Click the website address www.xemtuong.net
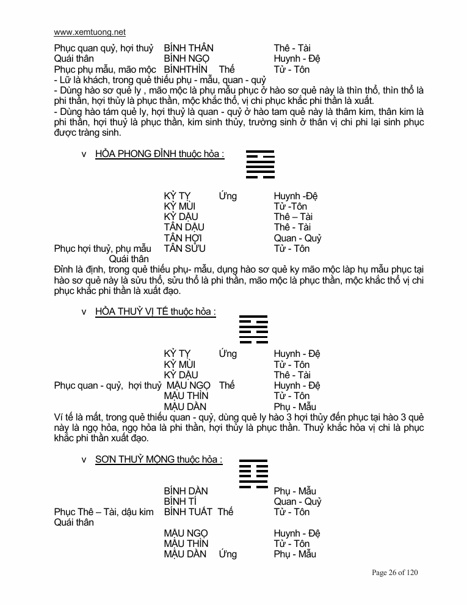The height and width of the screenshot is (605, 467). pyautogui.click(x=90, y=32)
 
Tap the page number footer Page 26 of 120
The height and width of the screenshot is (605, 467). pyautogui.click(x=395, y=573)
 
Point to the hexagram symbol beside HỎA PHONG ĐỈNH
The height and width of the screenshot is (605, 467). pyautogui.click(x=260, y=164)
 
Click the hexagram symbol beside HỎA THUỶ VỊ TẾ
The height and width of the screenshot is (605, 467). pyautogui.click(x=253, y=331)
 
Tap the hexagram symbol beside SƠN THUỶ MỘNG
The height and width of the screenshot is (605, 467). pyautogui.click(x=253, y=473)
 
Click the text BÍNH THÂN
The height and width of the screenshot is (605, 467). pyautogui.click(x=189, y=48)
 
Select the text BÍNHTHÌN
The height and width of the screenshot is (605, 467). pyautogui.click(x=186, y=70)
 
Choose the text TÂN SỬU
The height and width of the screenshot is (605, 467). pyautogui.click(x=184, y=248)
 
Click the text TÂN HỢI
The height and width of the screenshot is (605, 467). pyautogui.click(x=183, y=238)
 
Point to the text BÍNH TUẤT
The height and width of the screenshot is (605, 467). pyautogui.click(x=188, y=512)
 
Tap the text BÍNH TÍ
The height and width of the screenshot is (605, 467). pyautogui.click(x=179, y=502)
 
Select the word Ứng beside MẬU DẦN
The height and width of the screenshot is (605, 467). pyautogui.click(x=227, y=554)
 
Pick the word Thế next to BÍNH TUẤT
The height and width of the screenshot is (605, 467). pyautogui.click(x=225, y=512)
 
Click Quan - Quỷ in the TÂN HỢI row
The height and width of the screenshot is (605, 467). pyautogui.click(x=297, y=238)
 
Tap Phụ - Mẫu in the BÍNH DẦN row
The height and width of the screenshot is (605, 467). pyautogui.click(x=295, y=491)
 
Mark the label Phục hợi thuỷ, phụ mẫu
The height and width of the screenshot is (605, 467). pyautogui.click(x=102, y=248)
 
